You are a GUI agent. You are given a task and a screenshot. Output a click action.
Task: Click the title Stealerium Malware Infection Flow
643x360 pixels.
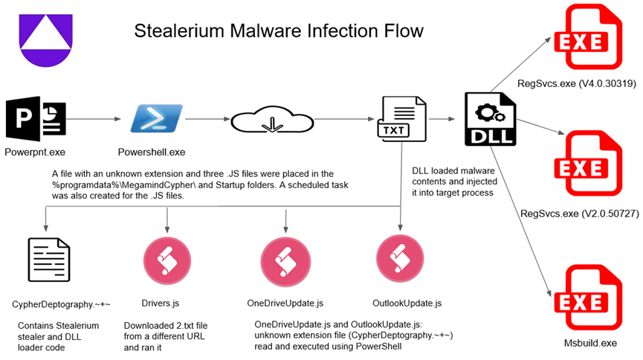point(279,31)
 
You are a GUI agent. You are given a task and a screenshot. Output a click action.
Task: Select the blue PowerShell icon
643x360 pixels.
point(156,118)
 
